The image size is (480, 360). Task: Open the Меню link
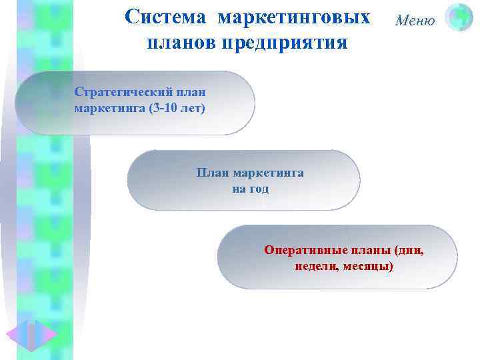(415, 20)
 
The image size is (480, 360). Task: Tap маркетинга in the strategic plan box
(104, 107)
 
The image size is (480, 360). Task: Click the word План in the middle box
(210, 173)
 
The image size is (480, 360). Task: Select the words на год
(250, 189)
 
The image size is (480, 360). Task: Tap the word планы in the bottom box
(372, 251)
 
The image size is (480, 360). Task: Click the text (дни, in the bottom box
(409, 251)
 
